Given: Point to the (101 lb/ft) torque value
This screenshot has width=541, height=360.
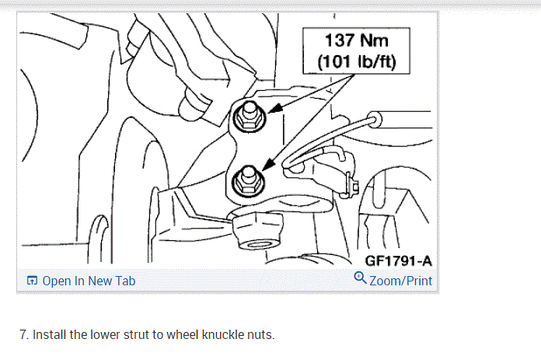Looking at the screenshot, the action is coord(357,61).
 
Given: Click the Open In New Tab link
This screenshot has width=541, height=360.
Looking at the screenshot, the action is coord(88,281).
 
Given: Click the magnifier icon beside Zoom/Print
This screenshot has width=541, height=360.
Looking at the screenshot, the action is coord(359,279).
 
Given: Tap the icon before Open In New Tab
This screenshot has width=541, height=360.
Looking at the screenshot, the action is coord(32,281).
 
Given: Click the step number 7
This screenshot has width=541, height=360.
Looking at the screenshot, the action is coord(24,334).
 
